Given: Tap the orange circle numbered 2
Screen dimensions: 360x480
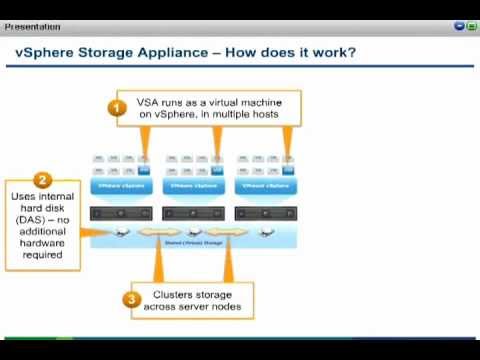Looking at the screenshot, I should tap(42, 180).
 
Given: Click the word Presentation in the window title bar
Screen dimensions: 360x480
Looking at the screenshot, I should tap(32, 27).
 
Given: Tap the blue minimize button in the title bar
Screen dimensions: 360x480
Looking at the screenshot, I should tap(459, 27).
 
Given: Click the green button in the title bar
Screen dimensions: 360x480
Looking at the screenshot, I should tap(471, 27).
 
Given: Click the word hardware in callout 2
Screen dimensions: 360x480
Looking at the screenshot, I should tap(41, 243).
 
